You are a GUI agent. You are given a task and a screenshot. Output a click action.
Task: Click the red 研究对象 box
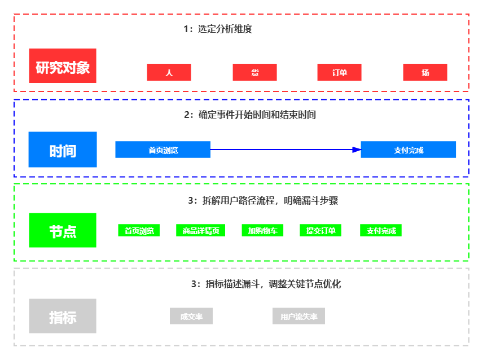(x=63, y=66)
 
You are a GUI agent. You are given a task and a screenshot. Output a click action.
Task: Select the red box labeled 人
(x=169, y=72)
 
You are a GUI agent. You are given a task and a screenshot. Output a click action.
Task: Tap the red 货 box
(x=254, y=72)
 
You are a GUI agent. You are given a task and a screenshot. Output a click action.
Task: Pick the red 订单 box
(x=339, y=72)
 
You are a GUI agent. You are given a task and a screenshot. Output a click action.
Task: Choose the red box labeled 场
(x=425, y=72)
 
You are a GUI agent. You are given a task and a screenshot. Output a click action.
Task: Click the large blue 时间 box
(x=63, y=150)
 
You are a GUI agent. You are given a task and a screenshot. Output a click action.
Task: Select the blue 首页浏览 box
(x=163, y=150)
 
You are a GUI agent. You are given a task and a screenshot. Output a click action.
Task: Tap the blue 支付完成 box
(x=408, y=150)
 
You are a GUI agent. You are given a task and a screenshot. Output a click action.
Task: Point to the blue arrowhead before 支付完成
(x=356, y=150)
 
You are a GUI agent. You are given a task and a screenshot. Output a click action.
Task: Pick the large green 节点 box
(x=63, y=230)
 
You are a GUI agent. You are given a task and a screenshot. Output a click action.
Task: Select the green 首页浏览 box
(x=139, y=230)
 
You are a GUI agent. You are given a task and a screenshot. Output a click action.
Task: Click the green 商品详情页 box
(x=200, y=230)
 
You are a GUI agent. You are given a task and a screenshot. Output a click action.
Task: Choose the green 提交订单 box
(x=320, y=230)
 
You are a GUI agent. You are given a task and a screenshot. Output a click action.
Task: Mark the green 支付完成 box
(x=381, y=230)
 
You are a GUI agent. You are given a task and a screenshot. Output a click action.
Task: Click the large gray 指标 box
(x=63, y=316)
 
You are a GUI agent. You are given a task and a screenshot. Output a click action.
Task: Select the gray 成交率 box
(x=191, y=317)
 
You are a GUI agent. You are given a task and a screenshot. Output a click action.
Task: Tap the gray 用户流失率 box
(x=298, y=317)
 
